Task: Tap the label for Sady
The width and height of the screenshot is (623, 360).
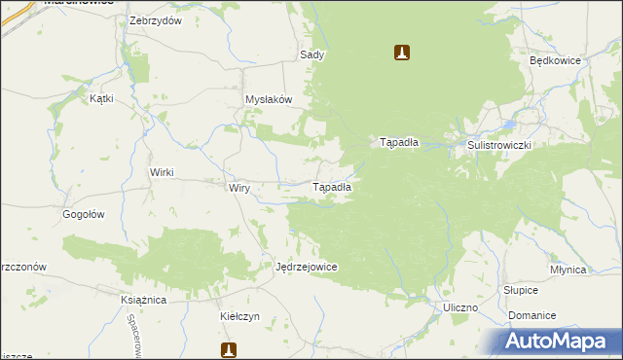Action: point(311,55)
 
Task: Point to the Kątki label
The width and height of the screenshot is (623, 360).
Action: point(101,98)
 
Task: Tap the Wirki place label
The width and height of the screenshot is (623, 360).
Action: point(161,172)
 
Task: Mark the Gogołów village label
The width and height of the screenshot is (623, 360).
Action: point(83,214)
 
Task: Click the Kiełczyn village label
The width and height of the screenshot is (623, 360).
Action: point(239,317)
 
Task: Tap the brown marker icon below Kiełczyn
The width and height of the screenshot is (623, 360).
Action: point(229,349)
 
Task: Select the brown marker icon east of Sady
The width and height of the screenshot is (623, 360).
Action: point(401,52)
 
